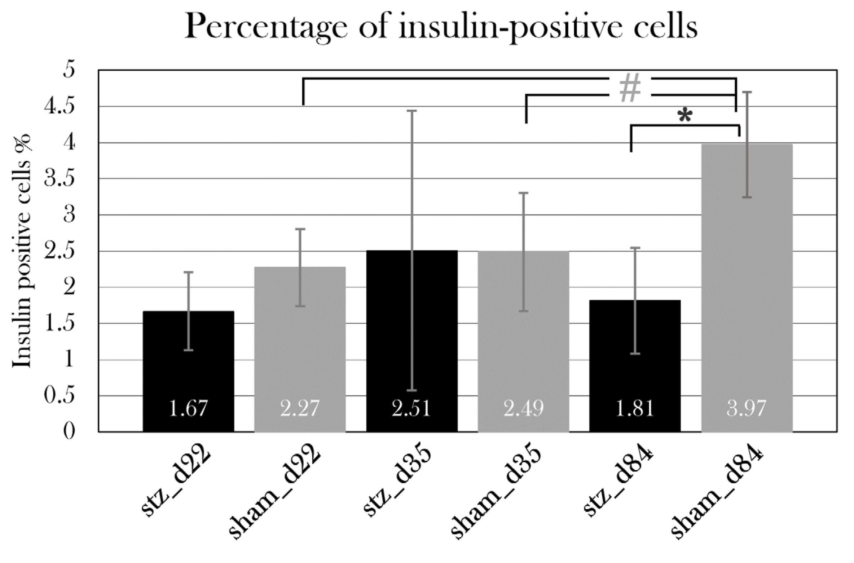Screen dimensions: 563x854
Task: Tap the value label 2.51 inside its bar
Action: (411, 409)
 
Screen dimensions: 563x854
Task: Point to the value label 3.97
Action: (746, 409)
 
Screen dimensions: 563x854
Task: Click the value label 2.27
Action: (300, 409)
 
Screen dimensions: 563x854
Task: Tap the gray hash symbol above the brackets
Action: (630, 88)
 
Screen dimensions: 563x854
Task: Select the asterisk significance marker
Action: (684, 116)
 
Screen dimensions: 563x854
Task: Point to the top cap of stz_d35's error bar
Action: (412, 111)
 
